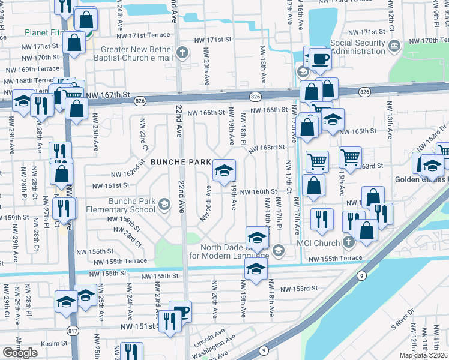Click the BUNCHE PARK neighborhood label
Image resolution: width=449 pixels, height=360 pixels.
click(181, 162)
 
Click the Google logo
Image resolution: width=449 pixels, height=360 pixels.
click(20, 353)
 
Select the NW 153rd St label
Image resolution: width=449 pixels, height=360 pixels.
click(298, 289)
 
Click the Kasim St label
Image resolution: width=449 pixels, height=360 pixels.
click(54, 344)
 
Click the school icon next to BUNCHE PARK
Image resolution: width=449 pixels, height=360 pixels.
click(224, 171)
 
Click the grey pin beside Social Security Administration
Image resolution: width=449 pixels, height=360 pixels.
click(394, 45)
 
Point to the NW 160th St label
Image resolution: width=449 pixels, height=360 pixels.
click(259, 193)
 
